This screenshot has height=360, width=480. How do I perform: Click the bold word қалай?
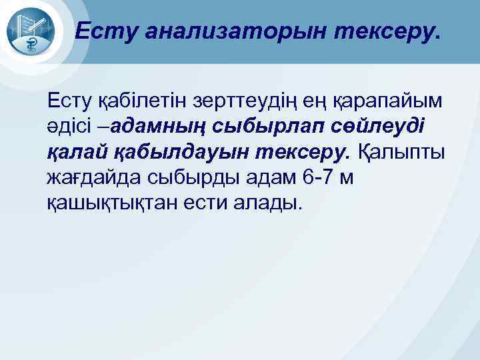[78, 152]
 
